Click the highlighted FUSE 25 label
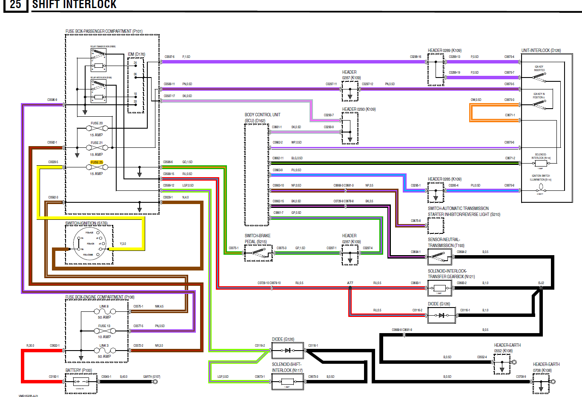pyautogui.click(x=97, y=162)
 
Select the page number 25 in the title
pyautogui.click(x=15, y=5)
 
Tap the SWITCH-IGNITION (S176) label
pyautogui.click(x=86, y=223)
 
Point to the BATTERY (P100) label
pyautogui.click(x=79, y=370)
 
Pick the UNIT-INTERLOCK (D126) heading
pyautogui.click(x=541, y=50)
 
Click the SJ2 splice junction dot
pyautogui.click(x=541, y=288)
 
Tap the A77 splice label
pyautogui.click(x=350, y=283)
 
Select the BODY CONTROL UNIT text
pyautogui.click(x=262, y=115)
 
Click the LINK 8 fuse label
pyautogui.click(x=104, y=306)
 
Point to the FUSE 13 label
pyautogui.click(x=104, y=326)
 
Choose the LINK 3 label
pyautogui.click(x=104, y=345)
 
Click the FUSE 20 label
pyautogui.click(x=97, y=123)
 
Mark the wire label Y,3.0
pyautogui.click(x=123, y=244)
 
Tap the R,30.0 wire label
pyautogui.click(x=30, y=345)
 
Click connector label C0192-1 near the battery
pyautogui.click(x=54, y=377)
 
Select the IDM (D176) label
pyautogui.click(x=136, y=54)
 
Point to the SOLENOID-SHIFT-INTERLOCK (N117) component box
pyautogui.click(x=288, y=381)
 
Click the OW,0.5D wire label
pyautogui.click(x=476, y=100)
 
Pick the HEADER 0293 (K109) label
pyautogui.click(x=359, y=109)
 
